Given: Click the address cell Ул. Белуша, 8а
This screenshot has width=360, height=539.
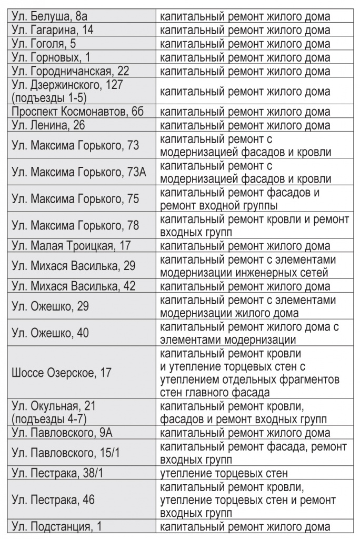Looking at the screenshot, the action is point(48,17).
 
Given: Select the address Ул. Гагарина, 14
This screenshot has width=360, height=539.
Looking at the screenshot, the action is point(53,31).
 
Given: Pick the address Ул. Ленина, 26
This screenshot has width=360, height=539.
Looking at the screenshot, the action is point(48,126).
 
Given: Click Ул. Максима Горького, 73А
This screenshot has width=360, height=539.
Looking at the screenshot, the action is point(78,172).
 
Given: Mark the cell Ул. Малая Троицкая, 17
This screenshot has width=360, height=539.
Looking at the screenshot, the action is point(71,246).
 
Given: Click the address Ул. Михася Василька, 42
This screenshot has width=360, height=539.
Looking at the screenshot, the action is point(73,287).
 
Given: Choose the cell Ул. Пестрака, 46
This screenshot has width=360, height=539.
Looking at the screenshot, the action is point(53,499).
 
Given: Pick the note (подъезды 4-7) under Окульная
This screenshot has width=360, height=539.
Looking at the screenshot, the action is point(49,420).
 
